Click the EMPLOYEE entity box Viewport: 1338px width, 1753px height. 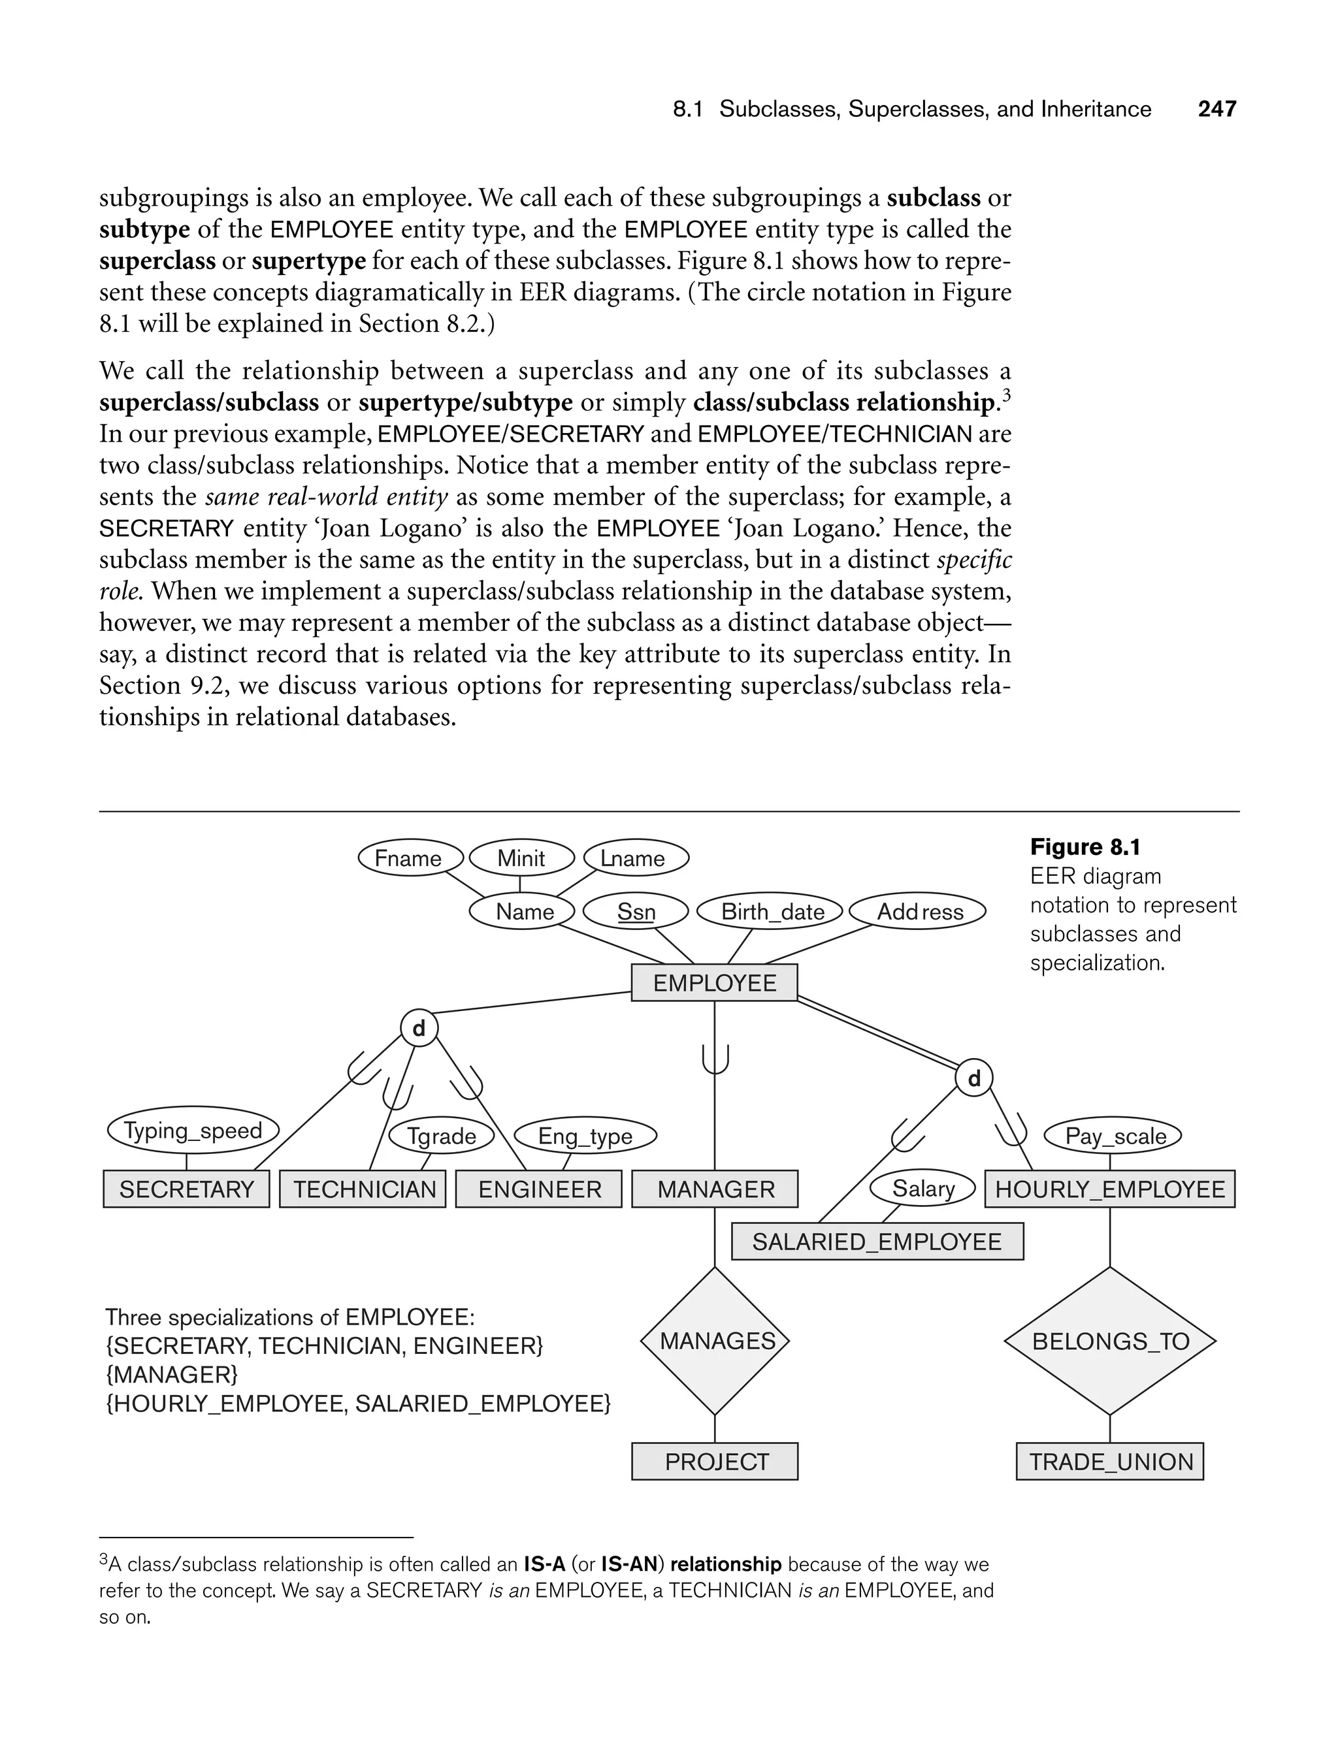(x=713, y=982)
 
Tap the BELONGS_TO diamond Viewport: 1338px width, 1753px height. (x=1109, y=1341)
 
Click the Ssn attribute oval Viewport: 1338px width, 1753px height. (x=636, y=912)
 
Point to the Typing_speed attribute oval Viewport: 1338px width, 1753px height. (x=193, y=1131)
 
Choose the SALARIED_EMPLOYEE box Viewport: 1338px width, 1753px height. (x=876, y=1242)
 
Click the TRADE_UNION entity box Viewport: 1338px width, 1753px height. (x=1109, y=1462)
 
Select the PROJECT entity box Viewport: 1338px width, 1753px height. (x=714, y=1462)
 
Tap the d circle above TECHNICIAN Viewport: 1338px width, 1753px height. (x=419, y=1029)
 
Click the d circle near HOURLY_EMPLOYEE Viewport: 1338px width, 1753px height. (x=973, y=1079)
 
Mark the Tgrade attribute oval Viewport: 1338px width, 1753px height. (x=441, y=1136)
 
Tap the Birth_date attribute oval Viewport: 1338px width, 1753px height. (x=771, y=912)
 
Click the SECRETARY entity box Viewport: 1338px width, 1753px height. (x=186, y=1189)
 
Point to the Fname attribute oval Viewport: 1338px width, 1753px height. (x=408, y=858)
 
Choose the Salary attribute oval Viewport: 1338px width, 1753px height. (x=922, y=1189)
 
